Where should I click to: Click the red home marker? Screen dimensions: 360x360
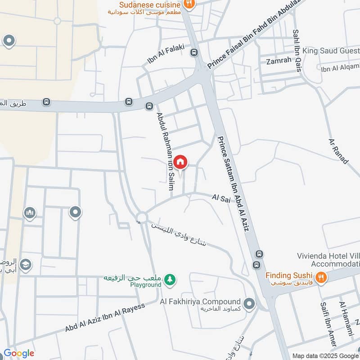(180, 162)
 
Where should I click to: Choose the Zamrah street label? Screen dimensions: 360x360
(279, 60)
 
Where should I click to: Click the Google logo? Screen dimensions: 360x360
(18, 353)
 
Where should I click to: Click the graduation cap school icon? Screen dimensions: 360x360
(26, 264)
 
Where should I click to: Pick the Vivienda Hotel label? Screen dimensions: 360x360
(328, 256)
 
